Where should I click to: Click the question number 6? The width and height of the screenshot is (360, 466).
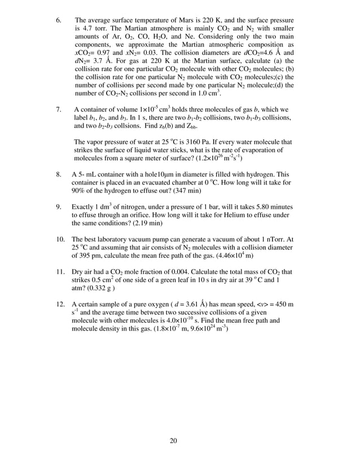[x=59, y=20]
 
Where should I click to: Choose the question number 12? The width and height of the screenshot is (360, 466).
[x=60, y=305]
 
